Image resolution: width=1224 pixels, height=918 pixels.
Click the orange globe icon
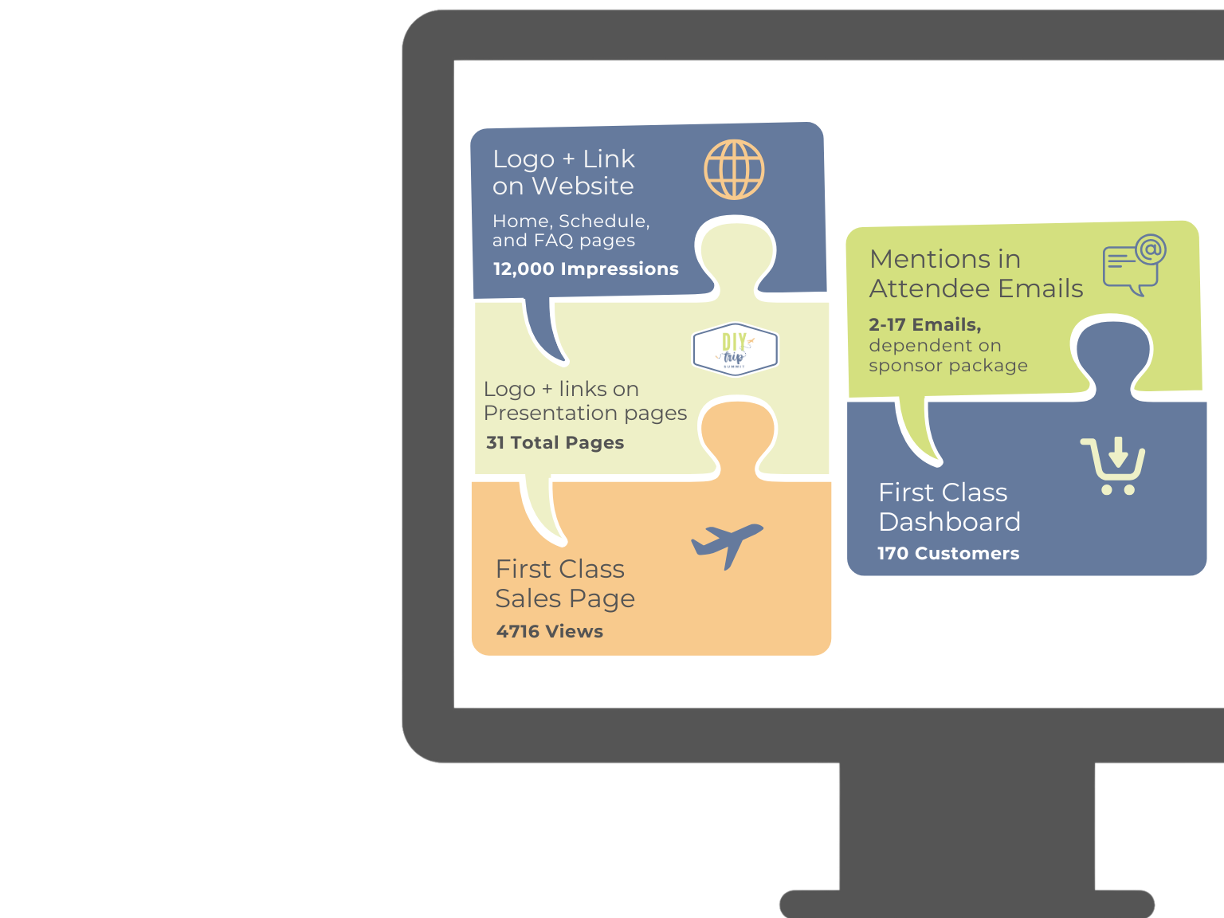coord(734,170)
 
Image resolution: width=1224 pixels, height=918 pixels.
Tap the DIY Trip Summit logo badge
coord(735,349)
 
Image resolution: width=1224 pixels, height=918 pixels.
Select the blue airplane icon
coord(726,543)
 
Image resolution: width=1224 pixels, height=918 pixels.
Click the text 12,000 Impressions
coord(586,269)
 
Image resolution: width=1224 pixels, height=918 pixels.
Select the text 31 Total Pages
coord(555,443)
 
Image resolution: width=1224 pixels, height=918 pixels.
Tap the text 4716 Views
coord(549,632)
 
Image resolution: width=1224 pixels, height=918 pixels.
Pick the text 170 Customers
coord(948,554)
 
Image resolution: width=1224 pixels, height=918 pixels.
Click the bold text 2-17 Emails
coord(924,325)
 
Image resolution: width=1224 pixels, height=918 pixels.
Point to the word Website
coord(583,186)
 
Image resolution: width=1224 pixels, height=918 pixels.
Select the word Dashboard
coord(949,522)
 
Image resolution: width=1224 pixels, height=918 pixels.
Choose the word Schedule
coord(604,222)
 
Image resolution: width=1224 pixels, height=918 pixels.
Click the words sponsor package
coord(948,366)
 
